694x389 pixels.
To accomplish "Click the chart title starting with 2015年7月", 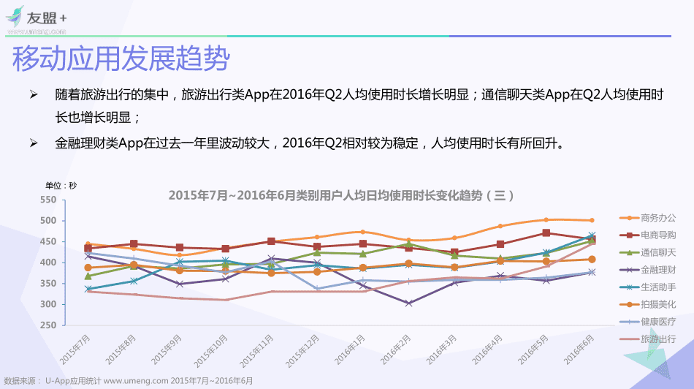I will [342, 195].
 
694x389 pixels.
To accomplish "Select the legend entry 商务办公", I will [657, 217].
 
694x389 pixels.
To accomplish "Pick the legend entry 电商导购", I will [657, 235].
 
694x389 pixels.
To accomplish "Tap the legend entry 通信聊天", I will [657, 252].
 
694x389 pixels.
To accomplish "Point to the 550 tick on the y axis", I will [48, 200].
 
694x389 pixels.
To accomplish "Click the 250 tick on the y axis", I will [48, 325].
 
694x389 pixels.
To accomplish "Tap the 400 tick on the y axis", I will [48, 263].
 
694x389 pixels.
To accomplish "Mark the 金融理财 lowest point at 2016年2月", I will [408, 303].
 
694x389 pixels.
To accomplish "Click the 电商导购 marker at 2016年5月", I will [546, 233].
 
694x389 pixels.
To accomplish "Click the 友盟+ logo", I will [37, 18].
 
